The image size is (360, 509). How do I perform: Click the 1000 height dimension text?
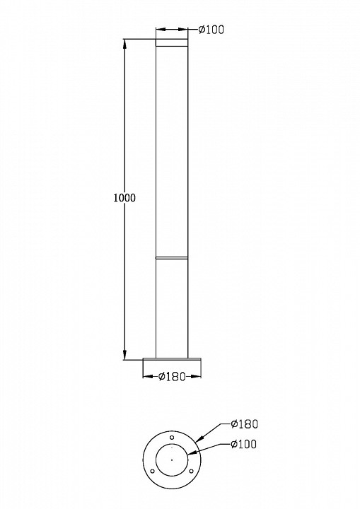(x=124, y=198)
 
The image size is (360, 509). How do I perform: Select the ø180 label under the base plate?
(x=171, y=377)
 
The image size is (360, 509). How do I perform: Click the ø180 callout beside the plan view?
(x=245, y=424)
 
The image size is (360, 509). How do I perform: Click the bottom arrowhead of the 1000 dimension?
(x=125, y=354)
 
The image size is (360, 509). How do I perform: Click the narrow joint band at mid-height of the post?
(x=173, y=258)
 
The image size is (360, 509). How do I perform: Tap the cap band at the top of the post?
(x=173, y=42)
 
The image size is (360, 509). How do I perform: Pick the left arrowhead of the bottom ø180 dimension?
(x=146, y=377)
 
